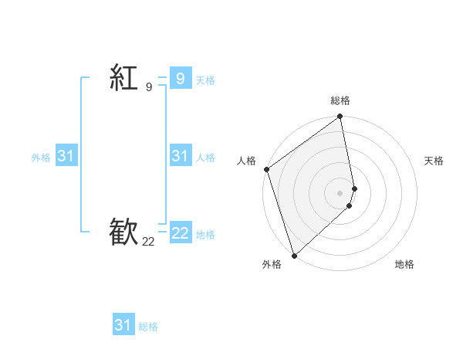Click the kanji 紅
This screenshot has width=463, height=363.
tap(123, 78)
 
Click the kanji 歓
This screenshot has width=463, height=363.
tap(123, 232)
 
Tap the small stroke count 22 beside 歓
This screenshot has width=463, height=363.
tap(148, 242)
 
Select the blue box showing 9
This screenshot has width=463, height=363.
tap(180, 78)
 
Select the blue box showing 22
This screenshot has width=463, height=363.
tap(180, 232)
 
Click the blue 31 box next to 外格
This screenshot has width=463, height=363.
tap(66, 156)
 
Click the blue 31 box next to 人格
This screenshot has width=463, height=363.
tap(180, 156)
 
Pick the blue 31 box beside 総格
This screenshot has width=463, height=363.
tap(123, 325)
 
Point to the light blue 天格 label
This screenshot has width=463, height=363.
tap(205, 80)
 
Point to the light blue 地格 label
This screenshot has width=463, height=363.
tap(205, 235)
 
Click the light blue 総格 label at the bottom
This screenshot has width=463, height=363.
tap(148, 327)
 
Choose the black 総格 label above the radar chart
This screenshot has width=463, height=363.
tap(340, 100)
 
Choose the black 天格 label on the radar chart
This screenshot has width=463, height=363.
tap(434, 161)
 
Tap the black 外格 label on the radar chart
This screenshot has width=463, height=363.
tap(272, 264)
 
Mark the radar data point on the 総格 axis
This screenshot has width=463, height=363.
tap(340, 117)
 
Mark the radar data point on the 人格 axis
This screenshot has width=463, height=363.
tap(267, 169)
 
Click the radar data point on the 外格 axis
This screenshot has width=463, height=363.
tap(294, 255)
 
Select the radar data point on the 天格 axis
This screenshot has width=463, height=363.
tap(355, 188)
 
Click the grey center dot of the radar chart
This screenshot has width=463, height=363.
tap(340, 193)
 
